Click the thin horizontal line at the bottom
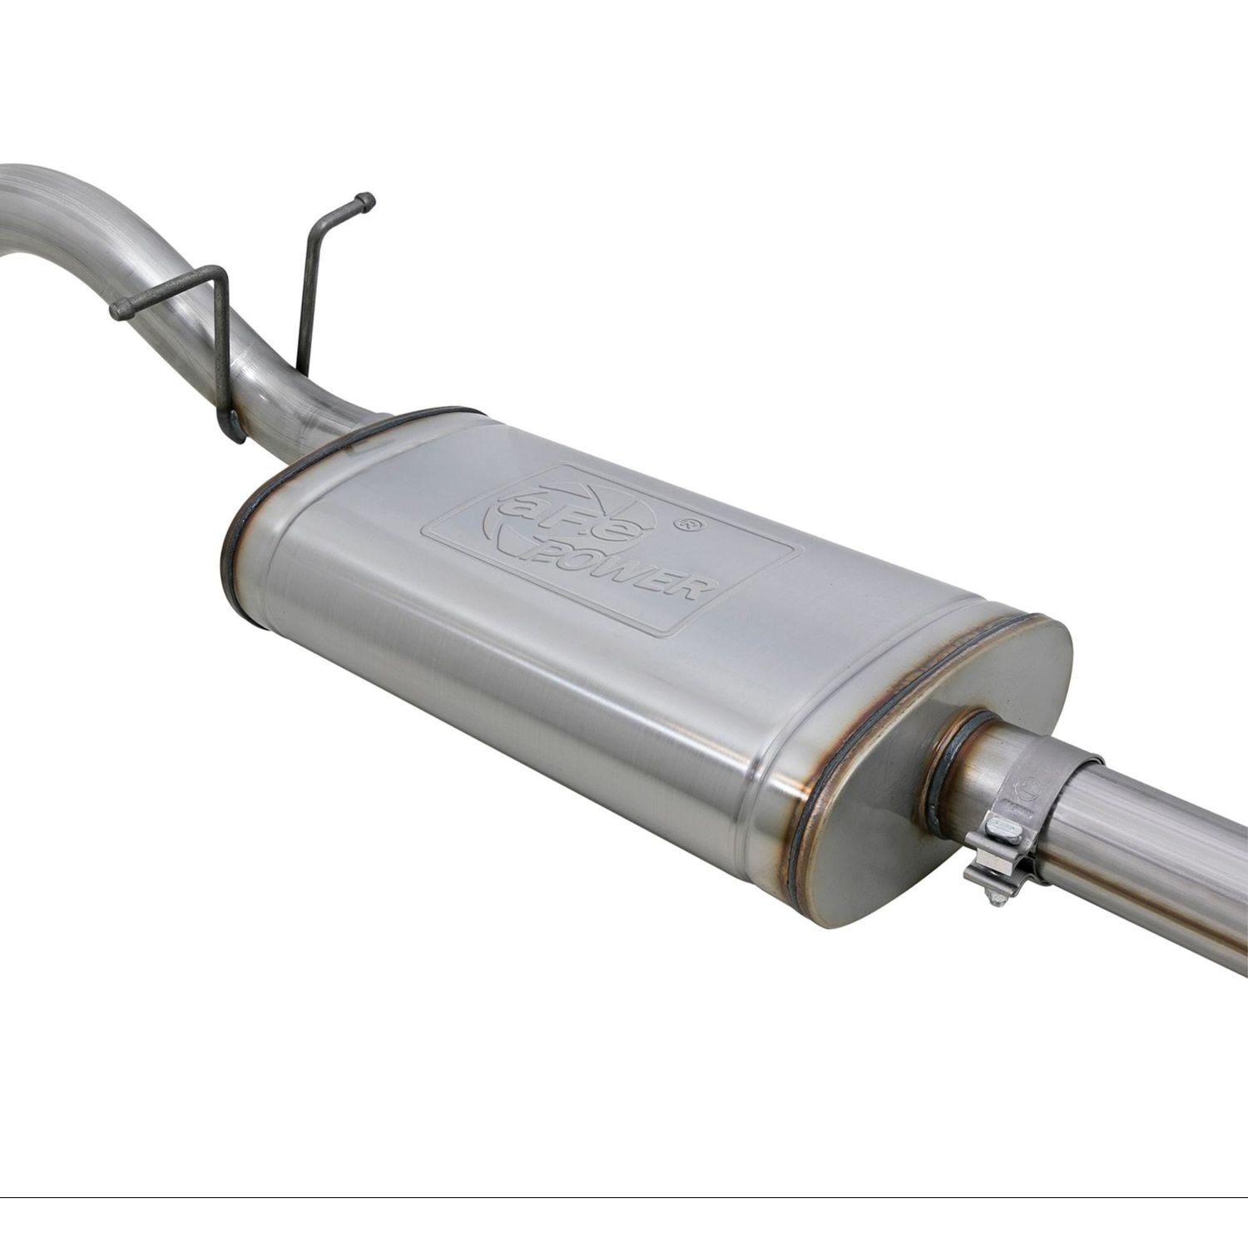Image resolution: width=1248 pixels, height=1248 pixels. [x=624, y=1198]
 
